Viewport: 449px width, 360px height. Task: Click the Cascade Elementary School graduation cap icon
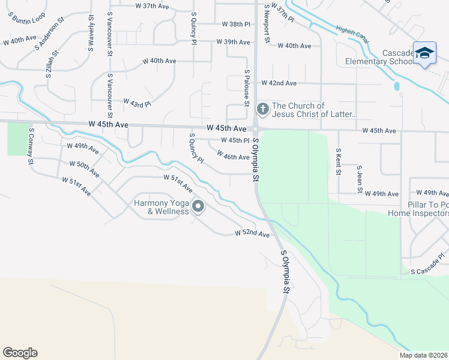pos(424,53)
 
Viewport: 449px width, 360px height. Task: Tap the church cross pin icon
pos(262,109)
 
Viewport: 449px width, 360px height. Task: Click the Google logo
pos(20,353)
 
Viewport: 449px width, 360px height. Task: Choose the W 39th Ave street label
pos(234,42)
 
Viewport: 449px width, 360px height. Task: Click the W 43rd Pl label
pos(137,103)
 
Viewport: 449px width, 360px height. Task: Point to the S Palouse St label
pos(247,87)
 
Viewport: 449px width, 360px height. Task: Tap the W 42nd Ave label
pos(279,83)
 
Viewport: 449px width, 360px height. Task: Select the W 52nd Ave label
pos(252,233)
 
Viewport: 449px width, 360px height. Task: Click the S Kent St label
pos(339,163)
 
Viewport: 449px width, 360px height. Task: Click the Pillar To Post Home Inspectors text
pos(418,208)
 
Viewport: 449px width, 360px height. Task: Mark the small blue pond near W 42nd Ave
pos(397,86)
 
